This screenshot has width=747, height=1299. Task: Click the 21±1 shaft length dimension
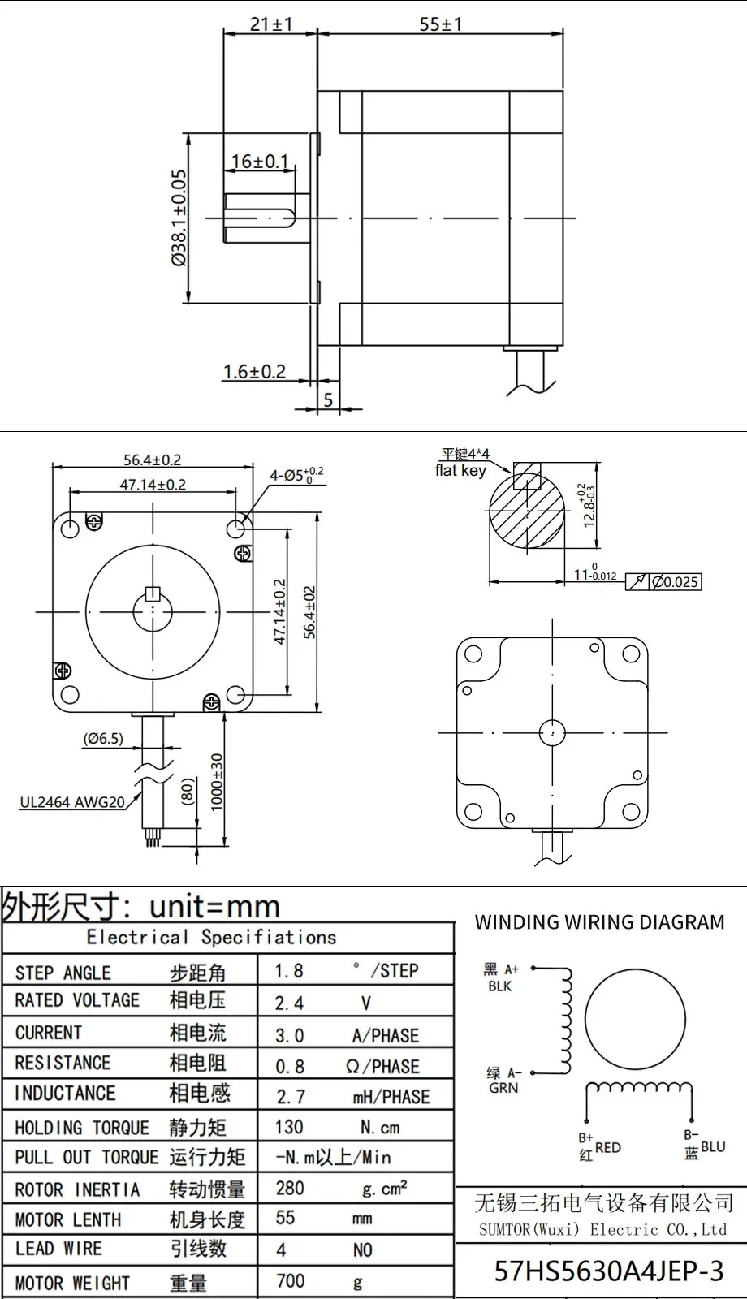click(x=271, y=24)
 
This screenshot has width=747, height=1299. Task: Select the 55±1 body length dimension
click(x=441, y=24)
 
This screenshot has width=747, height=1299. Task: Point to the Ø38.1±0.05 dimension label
click(x=179, y=218)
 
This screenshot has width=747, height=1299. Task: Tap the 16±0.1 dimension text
click(x=260, y=162)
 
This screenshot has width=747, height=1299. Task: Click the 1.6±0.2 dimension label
click(x=255, y=372)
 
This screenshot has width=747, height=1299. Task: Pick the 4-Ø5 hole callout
click(x=296, y=476)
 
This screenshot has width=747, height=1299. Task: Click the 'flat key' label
click(x=460, y=470)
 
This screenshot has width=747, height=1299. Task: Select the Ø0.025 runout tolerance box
click(x=675, y=581)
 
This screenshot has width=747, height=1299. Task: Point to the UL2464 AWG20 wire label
click(x=72, y=802)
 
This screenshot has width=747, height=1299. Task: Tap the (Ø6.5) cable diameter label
click(x=103, y=738)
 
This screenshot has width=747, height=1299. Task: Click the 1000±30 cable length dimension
click(x=216, y=783)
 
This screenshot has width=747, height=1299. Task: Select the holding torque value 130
click(x=289, y=1127)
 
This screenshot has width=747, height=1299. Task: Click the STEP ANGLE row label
click(x=63, y=973)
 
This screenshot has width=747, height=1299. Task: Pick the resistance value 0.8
click(x=289, y=1066)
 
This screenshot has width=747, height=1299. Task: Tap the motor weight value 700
click(x=290, y=1280)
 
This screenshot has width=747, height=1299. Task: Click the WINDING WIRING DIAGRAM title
click(x=600, y=922)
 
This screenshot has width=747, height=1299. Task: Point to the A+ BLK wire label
click(x=501, y=977)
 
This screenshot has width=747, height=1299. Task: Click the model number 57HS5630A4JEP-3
click(x=609, y=1271)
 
